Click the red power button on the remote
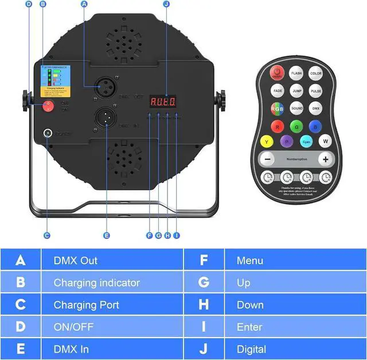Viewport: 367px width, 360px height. tap(278, 73)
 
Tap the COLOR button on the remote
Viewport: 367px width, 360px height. tap(316, 73)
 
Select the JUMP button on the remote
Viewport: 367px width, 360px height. tap(296, 91)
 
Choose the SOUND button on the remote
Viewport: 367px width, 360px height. tap(296, 108)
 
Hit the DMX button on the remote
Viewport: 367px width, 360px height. tap(316, 108)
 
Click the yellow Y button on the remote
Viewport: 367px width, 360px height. tap(266, 140)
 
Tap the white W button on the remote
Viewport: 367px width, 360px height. tap(325, 140)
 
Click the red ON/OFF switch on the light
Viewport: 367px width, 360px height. tap(48, 106)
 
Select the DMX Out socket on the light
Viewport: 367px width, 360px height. tap(104, 84)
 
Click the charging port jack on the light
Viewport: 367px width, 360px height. tap(47, 134)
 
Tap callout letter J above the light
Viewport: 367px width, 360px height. tap(166, 4)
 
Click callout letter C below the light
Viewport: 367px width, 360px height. tap(47, 235)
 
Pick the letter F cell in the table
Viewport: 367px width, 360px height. tap(204, 260)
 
